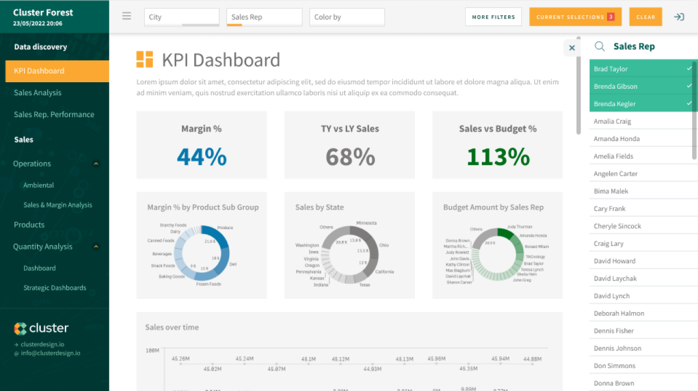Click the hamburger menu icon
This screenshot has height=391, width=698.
click(x=127, y=16)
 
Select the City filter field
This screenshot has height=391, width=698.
click(x=181, y=17)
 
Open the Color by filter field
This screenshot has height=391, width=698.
click(x=347, y=17)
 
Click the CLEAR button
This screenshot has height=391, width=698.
click(x=645, y=17)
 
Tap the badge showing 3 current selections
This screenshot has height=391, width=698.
click(x=611, y=17)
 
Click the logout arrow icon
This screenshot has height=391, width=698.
click(x=679, y=17)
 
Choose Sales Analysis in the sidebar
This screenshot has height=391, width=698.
click(x=38, y=93)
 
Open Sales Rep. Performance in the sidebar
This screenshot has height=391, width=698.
click(x=54, y=114)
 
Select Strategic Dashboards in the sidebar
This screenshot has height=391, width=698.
click(x=54, y=288)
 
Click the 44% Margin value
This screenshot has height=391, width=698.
click(x=201, y=157)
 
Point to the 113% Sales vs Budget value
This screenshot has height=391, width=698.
click(x=498, y=157)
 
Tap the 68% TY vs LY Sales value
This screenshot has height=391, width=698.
click(x=350, y=157)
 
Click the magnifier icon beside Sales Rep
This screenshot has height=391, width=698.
click(x=599, y=46)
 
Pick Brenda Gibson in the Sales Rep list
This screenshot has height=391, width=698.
click(x=615, y=87)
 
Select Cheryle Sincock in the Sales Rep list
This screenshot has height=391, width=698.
click(x=617, y=226)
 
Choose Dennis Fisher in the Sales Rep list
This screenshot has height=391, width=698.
click(x=614, y=331)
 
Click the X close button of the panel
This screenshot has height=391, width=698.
click(x=572, y=48)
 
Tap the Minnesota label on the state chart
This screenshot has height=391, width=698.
click(x=366, y=223)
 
